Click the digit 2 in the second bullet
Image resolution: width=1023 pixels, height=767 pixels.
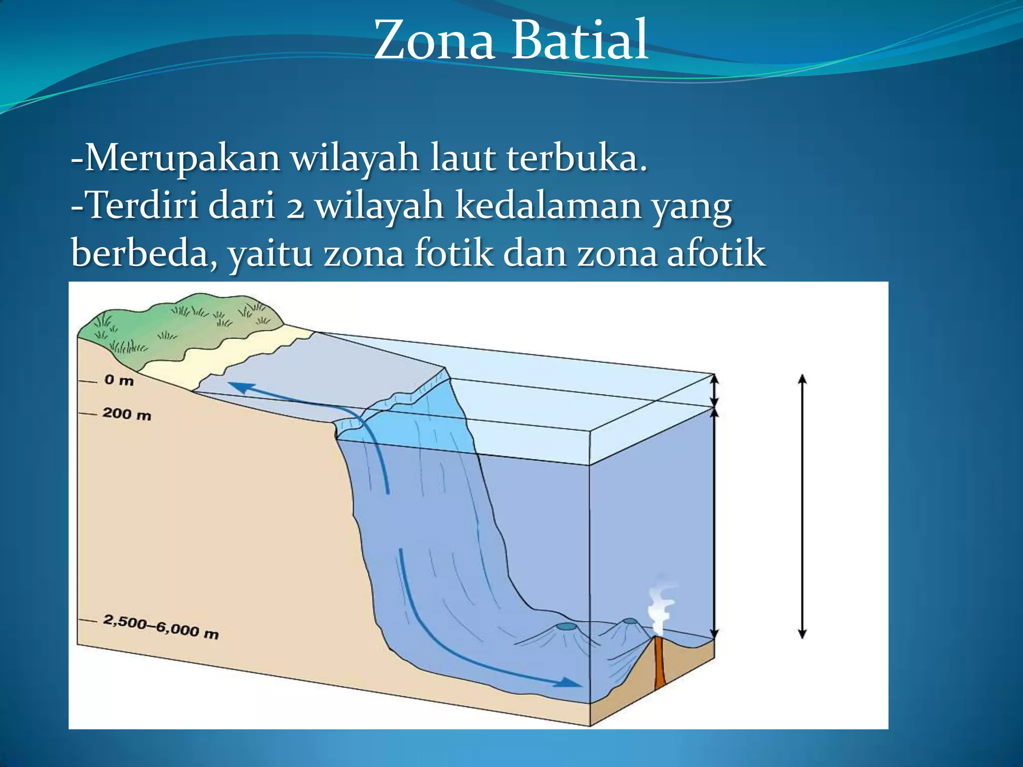(x=295, y=207)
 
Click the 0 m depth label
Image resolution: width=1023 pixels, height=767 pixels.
(x=119, y=381)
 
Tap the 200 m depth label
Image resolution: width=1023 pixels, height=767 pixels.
(x=126, y=414)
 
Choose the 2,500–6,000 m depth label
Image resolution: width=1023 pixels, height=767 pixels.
(x=161, y=627)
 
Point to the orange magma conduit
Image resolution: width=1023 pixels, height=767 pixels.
(x=659, y=664)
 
